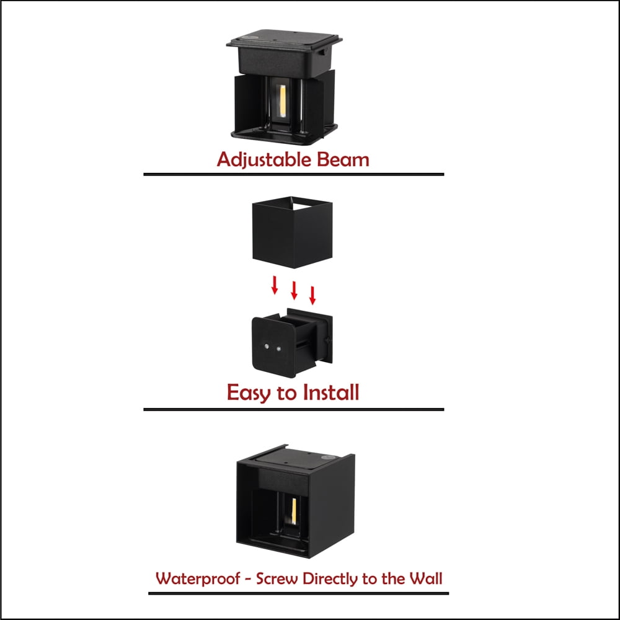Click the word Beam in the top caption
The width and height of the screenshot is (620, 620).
(x=343, y=159)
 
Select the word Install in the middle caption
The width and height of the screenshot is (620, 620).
(x=331, y=392)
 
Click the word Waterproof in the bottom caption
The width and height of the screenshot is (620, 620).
(x=198, y=579)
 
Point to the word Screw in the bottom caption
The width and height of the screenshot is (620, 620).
(x=277, y=578)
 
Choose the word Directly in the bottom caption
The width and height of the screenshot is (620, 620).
(x=330, y=579)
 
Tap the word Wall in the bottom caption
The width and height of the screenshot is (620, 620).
(x=425, y=578)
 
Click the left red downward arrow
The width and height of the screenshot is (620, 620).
(x=275, y=285)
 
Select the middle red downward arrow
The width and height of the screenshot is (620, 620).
(x=294, y=290)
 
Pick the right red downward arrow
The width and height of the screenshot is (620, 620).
(x=312, y=295)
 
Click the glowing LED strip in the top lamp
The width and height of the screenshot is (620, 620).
(x=283, y=101)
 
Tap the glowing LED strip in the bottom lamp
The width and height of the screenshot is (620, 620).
(x=294, y=511)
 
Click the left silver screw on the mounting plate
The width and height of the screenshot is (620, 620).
(x=267, y=347)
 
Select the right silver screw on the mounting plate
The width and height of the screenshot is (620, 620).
(x=279, y=349)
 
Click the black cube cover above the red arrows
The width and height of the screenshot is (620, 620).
(x=292, y=232)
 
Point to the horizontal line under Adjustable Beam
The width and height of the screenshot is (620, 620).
(x=294, y=174)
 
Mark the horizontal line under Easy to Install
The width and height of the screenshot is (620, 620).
(x=294, y=410)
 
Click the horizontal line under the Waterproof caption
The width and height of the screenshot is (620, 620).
(x=299, y=593)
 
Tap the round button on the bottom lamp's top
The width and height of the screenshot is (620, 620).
(x=327, y=458)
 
